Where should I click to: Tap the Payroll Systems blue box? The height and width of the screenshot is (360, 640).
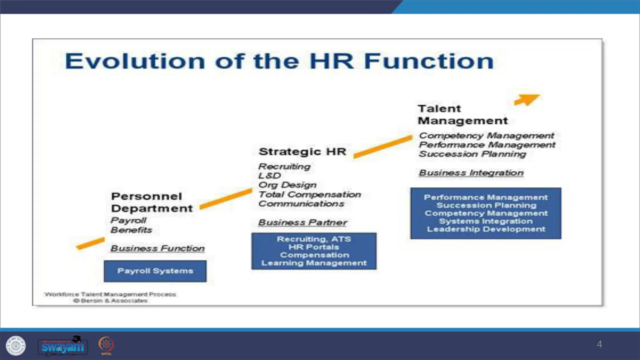click(x=155, y=271)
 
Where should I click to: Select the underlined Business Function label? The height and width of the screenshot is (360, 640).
click(x=157, y=248)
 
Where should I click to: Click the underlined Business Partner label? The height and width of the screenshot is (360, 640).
click(x=302, y=222)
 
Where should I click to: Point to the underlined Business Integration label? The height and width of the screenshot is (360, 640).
click(x=471, y=173)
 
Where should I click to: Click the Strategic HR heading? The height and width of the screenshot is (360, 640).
click(x=302, y=152)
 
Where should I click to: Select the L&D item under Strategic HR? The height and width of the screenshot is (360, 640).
click(x=269, y=176)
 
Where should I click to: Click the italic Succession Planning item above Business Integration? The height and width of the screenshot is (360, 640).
click(x=472, y=154)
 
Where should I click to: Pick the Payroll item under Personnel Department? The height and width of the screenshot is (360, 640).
click(x=128, y=220)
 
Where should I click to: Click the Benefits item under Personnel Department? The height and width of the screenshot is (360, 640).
click(x=131, y=230)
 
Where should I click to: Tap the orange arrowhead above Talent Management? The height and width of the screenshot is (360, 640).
click(x=528, y=99)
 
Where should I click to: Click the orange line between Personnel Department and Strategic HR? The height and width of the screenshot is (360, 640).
click(x=226, y=199)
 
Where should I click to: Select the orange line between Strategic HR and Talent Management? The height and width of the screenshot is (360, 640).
click(x=383, y=147)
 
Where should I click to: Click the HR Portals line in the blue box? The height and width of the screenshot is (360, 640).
click(x=313, y=247)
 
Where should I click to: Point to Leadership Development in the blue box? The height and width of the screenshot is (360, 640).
click(x=486, y=229)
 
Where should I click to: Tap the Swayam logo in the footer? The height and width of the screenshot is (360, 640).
click(x=63, y=346)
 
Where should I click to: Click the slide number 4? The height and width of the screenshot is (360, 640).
click(x=599, y=344)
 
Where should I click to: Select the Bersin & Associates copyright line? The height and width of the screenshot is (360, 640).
click(x=110, y=301)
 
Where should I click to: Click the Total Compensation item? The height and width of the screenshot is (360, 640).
click(x=309, y=194)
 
